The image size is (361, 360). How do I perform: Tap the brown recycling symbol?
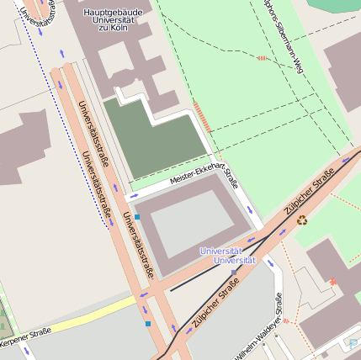click(302, 221)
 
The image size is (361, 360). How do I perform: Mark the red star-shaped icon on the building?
click(334, 280)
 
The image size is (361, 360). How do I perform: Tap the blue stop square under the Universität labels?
click(234, 272)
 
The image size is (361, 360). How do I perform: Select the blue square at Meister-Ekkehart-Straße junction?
click(137, 217)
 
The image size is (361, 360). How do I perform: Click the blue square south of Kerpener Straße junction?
click(147, 323)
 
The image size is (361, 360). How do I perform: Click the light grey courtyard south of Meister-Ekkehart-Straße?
click(192, 224)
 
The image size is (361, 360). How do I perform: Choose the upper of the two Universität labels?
click(221, 251)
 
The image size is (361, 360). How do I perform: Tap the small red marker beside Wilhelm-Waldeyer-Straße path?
click(286, 320)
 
